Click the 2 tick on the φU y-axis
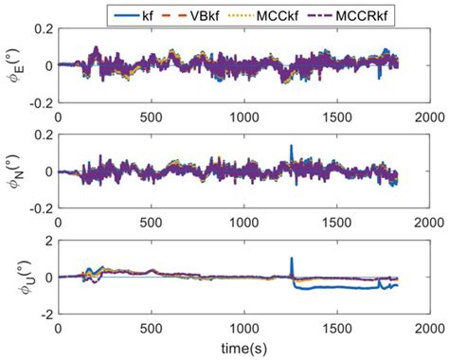[50, 243]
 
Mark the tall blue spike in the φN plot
[292, 148]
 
